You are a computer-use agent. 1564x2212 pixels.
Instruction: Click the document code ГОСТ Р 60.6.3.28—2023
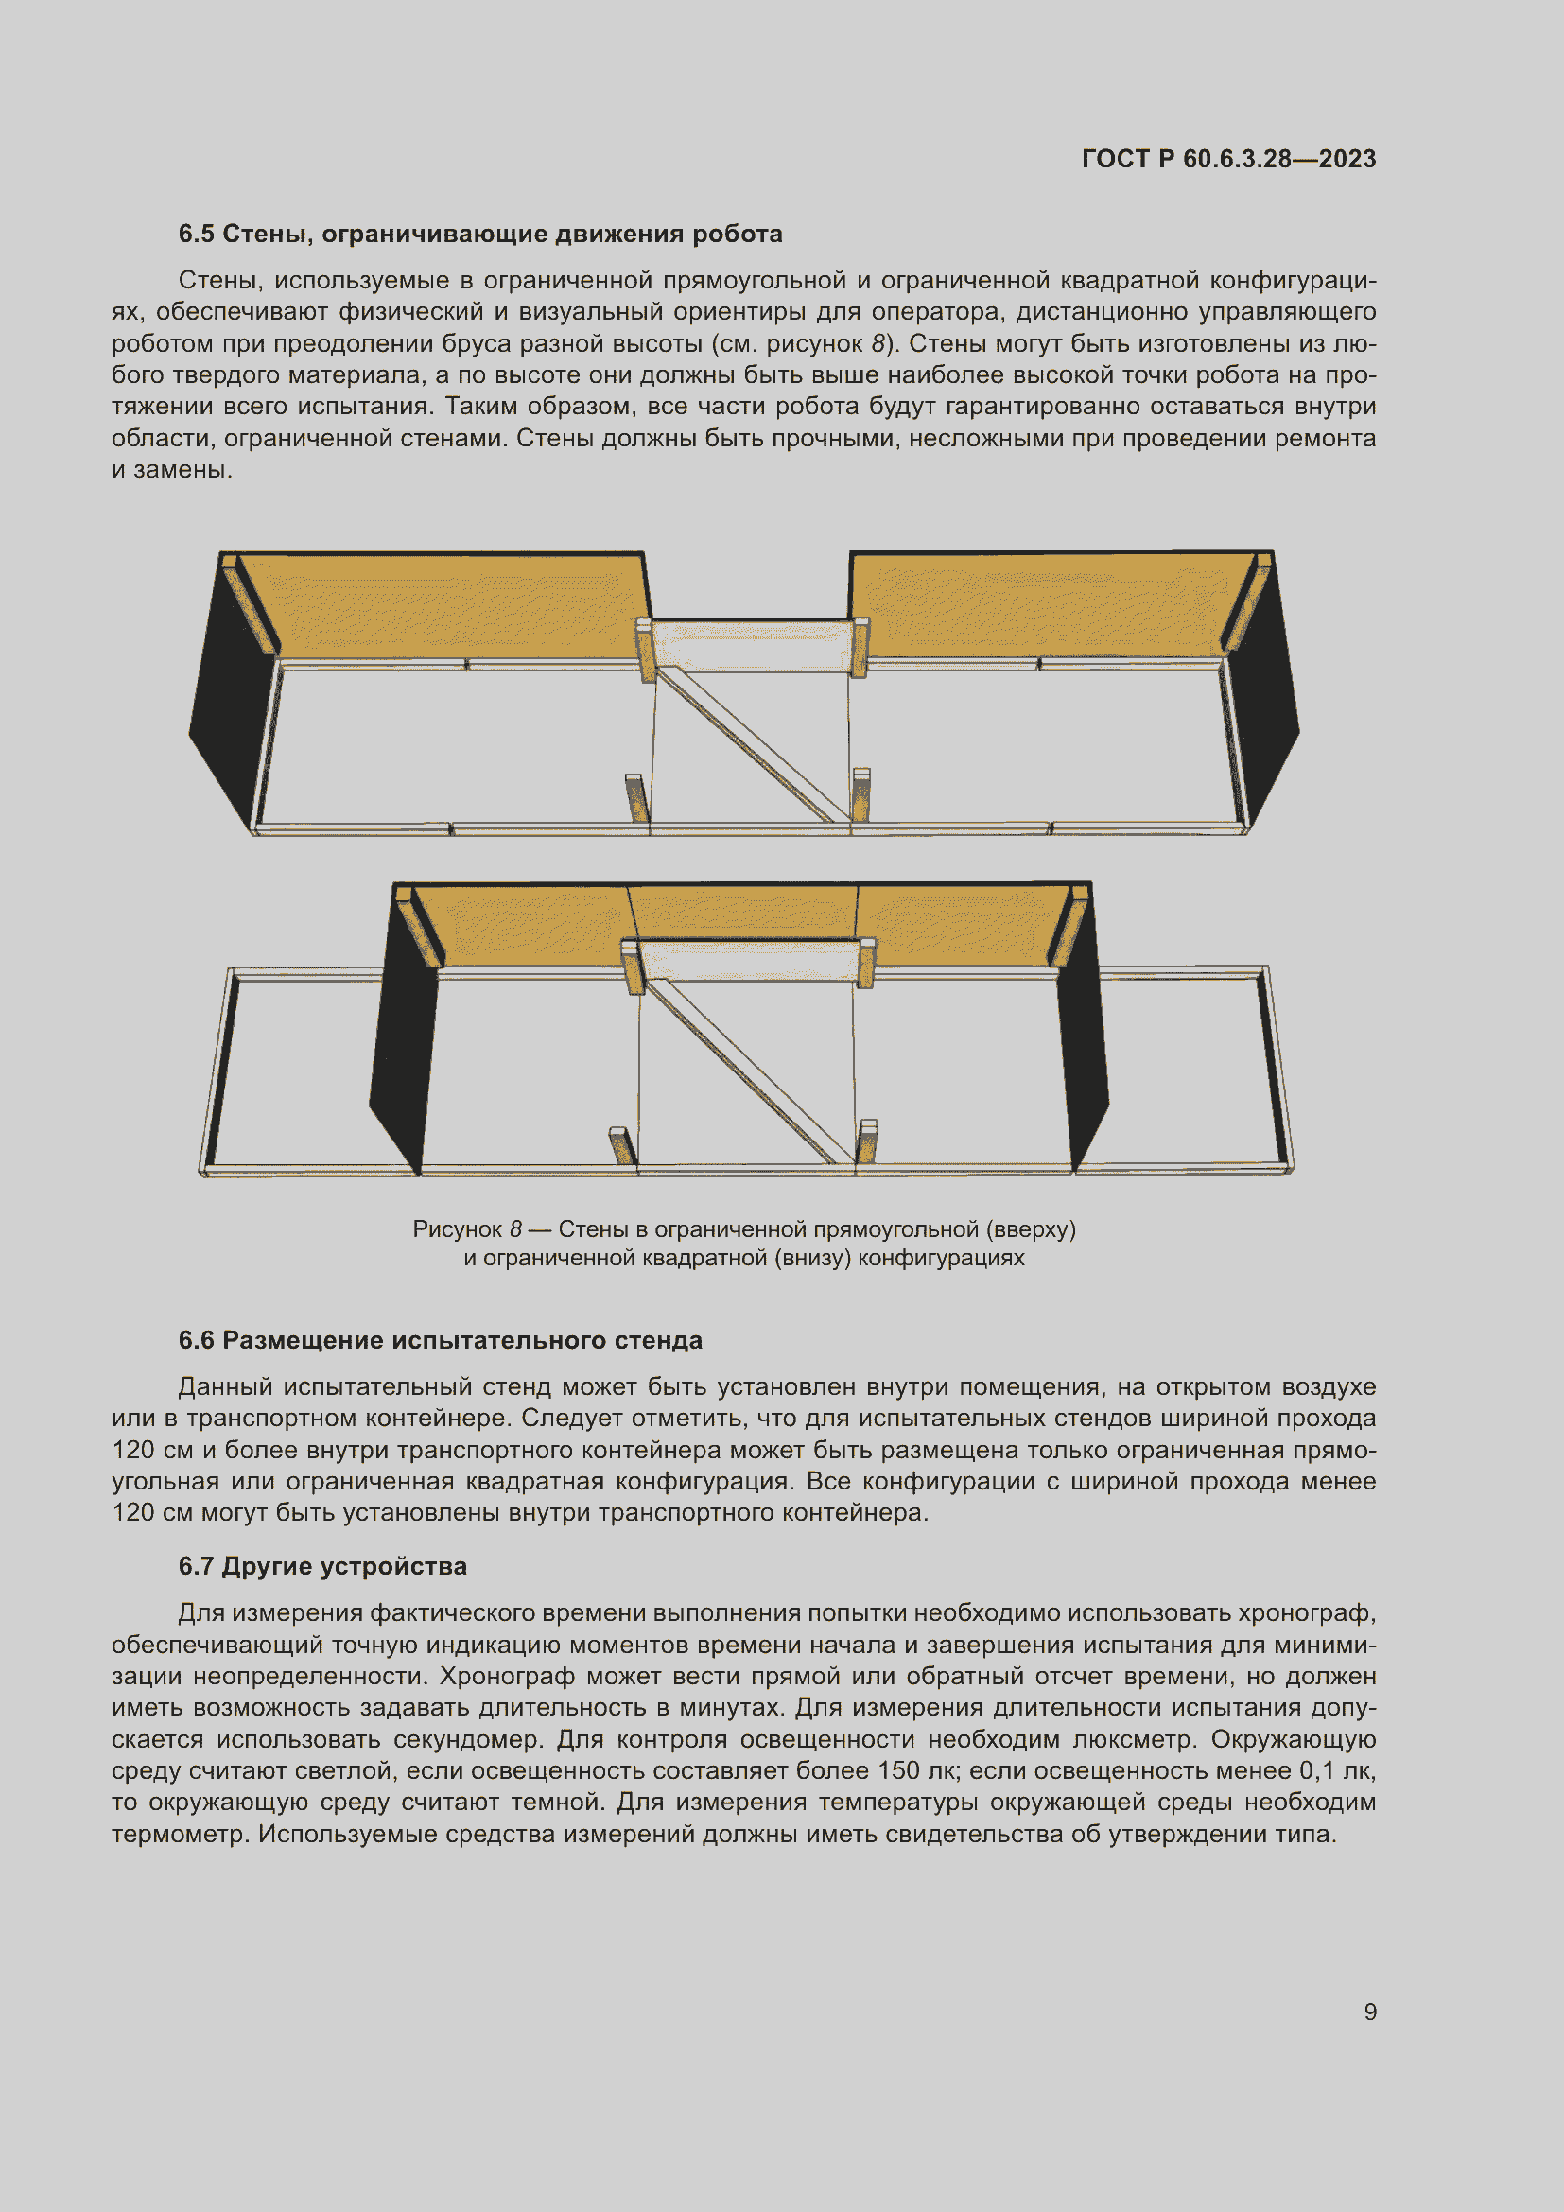point(1228,159)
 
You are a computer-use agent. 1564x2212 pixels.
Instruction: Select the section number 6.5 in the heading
point(197,235)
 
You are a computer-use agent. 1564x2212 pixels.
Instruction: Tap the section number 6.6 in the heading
point(197,1340)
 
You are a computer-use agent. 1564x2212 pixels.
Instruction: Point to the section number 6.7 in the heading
point(197,1565)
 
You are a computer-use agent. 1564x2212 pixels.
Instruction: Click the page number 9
point(1369,2012)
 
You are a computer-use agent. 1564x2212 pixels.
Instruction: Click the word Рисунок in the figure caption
point(457,1229)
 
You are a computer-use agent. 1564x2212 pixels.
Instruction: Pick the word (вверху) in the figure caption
point(1037,1229)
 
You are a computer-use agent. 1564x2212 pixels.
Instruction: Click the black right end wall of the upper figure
point(1268,713)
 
